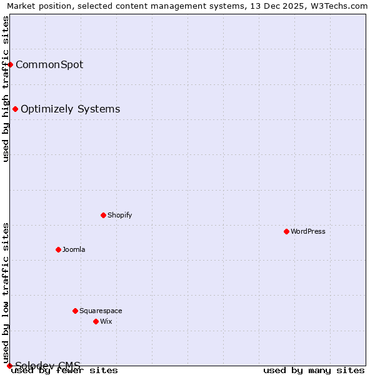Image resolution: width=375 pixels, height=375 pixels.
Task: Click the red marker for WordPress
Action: tap(286, 231)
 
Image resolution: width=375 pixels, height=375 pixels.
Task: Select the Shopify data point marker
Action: tap(103, 215)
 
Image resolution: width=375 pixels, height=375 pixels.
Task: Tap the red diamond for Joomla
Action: tap(58, 249)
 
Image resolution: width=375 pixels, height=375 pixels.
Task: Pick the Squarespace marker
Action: tap(75, 311)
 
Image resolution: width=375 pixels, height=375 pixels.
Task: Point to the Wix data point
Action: tap(96, 321)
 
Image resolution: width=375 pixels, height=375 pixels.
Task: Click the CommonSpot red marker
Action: tap(10, 64)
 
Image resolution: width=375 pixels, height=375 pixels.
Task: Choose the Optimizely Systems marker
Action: tap(15, 109)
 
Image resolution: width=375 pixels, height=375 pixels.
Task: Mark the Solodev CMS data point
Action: tap(9, 366)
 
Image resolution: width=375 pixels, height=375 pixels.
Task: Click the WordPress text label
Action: tap(308, 231)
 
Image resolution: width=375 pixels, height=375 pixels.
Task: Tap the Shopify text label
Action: tap(120, 215)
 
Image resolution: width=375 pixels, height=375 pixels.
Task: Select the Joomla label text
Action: tap(74, 249)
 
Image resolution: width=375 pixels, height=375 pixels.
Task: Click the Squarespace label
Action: tap(101, 311)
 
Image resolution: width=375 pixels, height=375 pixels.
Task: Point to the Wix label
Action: tap(106, 321)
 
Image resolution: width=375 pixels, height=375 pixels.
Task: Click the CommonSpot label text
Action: tap(49, 64)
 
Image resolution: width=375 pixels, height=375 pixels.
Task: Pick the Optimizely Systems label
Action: tap(71, 109)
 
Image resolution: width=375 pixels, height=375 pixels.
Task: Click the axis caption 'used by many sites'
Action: tap(314, 371)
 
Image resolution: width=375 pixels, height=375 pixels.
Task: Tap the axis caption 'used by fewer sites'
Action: tap(64, 371)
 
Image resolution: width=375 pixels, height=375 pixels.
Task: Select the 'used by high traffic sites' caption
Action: tap(6, 89)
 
